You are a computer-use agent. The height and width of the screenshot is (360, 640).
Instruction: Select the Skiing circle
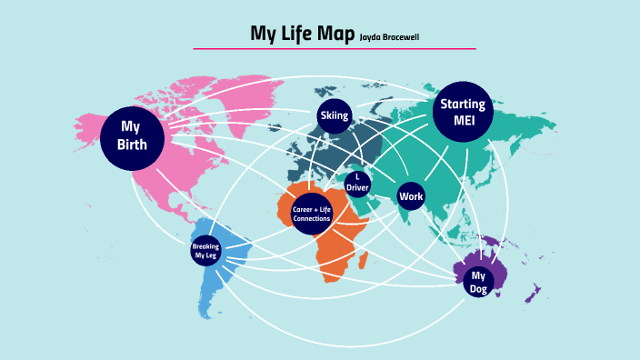[334, 116]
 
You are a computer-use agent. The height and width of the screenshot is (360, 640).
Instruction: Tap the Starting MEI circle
[463, 113]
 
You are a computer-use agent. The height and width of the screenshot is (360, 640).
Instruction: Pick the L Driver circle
[357, 183]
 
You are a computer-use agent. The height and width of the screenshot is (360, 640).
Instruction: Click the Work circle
[411, 196]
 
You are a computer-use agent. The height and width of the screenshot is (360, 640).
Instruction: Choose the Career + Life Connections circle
[312, 215]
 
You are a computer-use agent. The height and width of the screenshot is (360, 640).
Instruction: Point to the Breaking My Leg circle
[205, 251]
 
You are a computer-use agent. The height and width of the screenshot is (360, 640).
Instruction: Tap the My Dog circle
[478, 282]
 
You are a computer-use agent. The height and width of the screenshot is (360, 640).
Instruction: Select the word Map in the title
[336, 35]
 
